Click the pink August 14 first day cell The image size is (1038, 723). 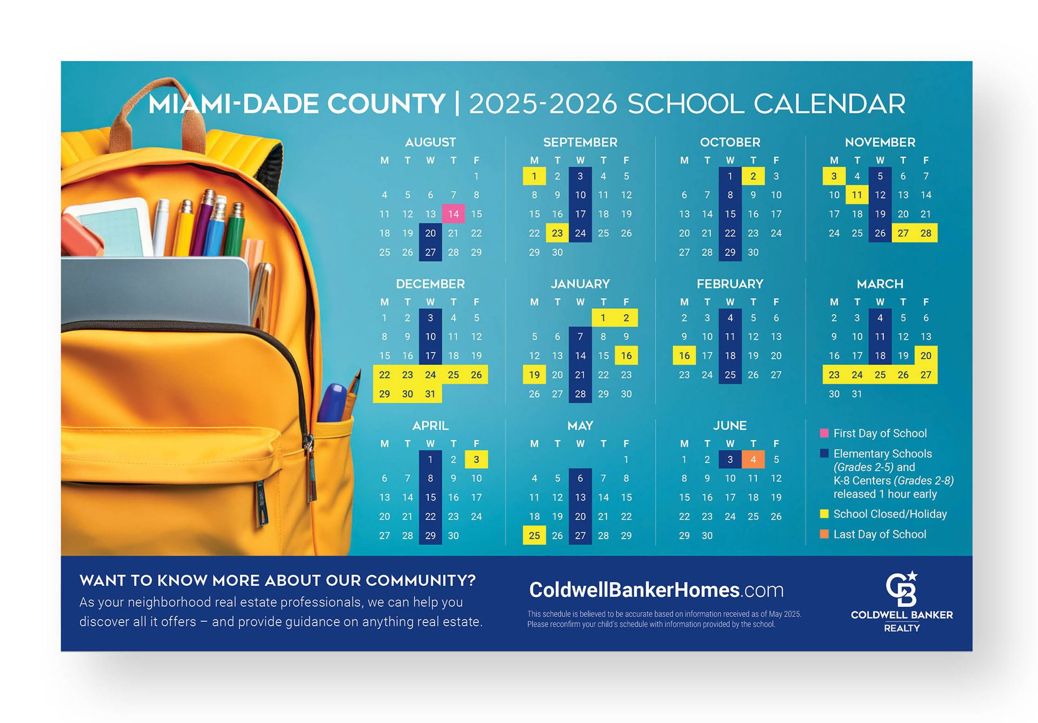pos(453,214)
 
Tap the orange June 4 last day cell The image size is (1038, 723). pos(753,459)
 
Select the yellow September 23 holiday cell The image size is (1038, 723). pos(557,233)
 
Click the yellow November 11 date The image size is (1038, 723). pos(857,195)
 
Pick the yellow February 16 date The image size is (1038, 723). pos(684,355)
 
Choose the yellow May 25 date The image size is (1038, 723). pos(534,535)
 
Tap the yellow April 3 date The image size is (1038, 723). pos(476,459)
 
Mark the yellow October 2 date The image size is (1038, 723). pos(753,176)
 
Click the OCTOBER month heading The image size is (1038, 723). pos(730,142)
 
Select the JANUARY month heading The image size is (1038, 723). pos(580,284)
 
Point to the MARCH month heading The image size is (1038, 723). pos(880,284)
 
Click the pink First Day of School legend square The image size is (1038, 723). pos(824,433)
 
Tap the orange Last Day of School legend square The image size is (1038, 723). pos(824,534)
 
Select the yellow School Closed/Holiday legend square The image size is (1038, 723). pos(824,514)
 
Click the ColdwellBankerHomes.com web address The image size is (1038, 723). pos(656,590)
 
